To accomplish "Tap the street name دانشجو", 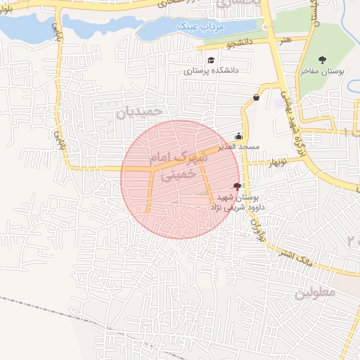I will tap(238, 44).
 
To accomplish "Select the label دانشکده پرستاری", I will tap(211, 71).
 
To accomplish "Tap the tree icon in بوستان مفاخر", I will tap(323, 60).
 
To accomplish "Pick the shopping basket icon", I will tap(255, 98).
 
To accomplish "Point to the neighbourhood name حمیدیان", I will tap(139, 111).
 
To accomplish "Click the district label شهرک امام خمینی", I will tap(177, 165).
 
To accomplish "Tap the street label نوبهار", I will tap(275, 165).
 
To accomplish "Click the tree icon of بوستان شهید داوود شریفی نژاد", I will tap(237, 186).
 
